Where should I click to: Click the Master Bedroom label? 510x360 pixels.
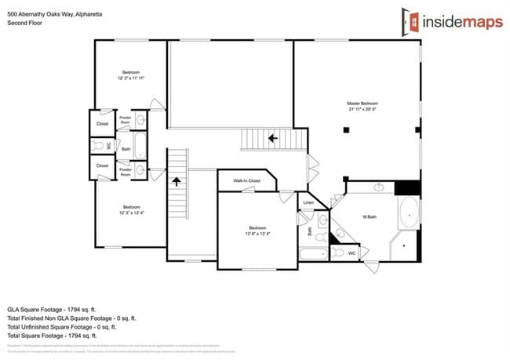coord(362,103)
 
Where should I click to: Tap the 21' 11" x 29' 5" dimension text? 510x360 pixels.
coord(362,110)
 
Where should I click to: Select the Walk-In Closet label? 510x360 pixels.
coord(246,181)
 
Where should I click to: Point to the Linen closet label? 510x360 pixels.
coord(309,203)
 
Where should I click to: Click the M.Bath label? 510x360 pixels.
coord(371,216)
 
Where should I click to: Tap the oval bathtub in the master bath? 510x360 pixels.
coord(409,213)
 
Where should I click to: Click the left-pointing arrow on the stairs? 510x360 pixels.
coord(273,138)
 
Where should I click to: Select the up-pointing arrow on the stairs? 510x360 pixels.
coord(177,182)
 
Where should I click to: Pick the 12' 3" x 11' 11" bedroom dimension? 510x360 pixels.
coord(131,78)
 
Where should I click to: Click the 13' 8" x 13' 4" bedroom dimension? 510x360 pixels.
coord(258,234)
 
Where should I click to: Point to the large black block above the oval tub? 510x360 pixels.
coord(408,188)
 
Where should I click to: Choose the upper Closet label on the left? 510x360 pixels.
coord(102,123)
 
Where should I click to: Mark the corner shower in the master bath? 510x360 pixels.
coord(406,246)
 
